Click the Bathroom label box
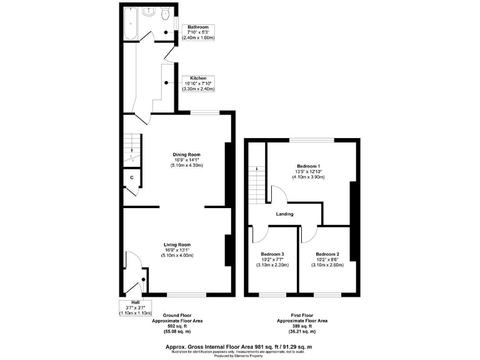click(x=197, y=32)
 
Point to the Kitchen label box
click(x=197, y=84)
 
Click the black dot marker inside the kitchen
click(x=166, y=82)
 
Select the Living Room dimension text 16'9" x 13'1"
click(x=177, y=250)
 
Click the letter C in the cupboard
click(x=131, y=178)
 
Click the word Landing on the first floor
click(x=284, y=214)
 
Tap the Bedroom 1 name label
click(x=309, y=166)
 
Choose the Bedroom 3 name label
click(x=272, y=254)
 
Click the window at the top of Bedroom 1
click(x=311, y=140)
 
